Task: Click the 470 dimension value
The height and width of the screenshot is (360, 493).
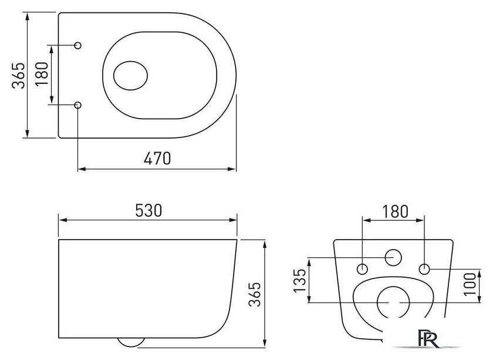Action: [x=158, y=159]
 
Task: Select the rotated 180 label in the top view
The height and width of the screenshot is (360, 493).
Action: [x=42, y=75]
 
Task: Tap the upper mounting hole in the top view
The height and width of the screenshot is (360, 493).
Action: [x=79, y=45]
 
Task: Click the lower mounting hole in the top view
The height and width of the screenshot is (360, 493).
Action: [x=79, y=105]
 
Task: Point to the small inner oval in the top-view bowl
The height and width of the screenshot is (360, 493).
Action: [x=131, y=76]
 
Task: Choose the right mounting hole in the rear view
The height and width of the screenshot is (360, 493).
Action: [x=424, y=269]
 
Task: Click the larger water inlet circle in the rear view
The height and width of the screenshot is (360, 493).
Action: [x=393, y=258]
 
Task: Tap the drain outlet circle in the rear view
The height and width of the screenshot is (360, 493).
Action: [x=392, y=302]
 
